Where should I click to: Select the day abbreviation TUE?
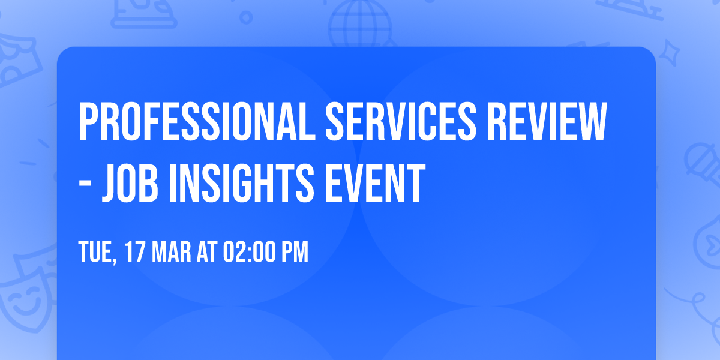pyautogui.click(x=96, y=253)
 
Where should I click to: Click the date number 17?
pyautogui.click(x=136, y=253)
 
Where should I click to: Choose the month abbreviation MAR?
pyautogui.click(x=170, y=253)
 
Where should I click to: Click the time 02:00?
pyautogui.click(x=248, y=253)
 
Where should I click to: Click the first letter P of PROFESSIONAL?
pyautogui.click(x=88, y=121)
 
